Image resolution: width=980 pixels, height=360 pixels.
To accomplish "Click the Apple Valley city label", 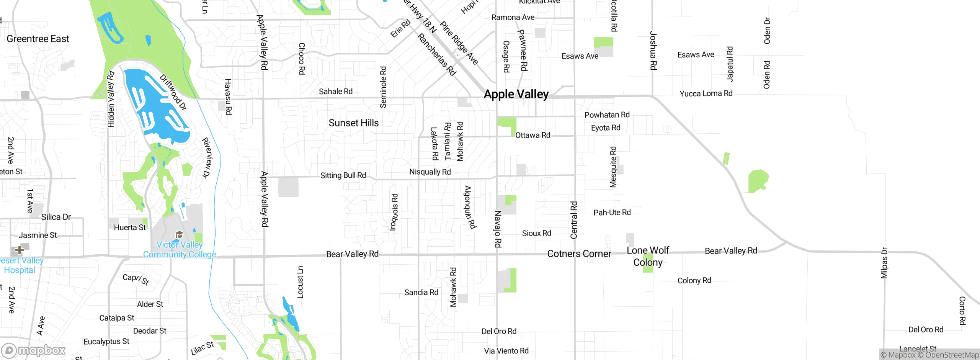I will pos(516,94).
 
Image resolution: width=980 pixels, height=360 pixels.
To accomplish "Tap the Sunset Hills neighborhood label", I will pos(353,123).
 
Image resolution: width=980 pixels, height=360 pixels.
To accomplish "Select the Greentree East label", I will pos(38,39).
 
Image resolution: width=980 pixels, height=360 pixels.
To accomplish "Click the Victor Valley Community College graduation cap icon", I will pos(179,234).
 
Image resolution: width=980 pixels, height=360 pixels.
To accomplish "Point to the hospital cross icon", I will pos(20,250).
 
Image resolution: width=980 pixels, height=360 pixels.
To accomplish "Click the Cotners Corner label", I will pos(579,254).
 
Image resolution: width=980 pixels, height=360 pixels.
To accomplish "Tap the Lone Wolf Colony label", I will pos(648,256).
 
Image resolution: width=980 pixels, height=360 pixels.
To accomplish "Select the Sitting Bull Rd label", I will pos(343,175).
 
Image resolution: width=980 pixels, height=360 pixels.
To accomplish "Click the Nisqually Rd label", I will pos(430,172).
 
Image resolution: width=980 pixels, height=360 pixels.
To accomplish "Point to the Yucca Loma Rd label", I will pos(706,93).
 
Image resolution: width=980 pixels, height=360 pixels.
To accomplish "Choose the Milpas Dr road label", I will pos(884,263).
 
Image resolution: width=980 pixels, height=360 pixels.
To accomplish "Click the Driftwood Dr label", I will pos(173,92).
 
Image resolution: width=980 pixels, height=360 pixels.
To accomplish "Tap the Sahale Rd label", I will pos(336,92).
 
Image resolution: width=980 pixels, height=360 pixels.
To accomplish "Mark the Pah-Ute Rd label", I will pos(612,213).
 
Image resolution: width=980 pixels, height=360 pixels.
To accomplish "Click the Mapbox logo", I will pos(34,350).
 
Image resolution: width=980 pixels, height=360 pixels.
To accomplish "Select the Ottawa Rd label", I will pos(532,135).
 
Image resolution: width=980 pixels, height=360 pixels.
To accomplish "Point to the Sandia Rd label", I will pos(421,293).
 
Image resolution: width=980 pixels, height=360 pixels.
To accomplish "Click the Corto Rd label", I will pos(962,311).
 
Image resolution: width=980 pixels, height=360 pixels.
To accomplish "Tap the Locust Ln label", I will pos(301,282).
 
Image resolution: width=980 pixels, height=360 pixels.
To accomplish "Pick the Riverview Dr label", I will pos(207,158).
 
